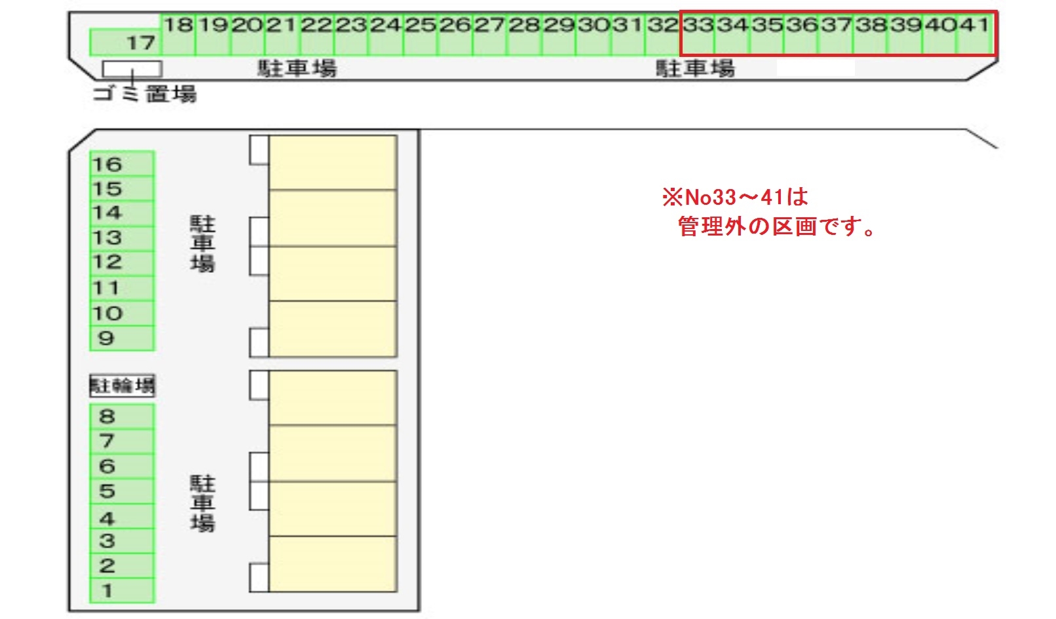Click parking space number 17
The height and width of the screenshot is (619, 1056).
click(x=124, y=43)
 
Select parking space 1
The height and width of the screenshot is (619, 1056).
click(x=122, y=591)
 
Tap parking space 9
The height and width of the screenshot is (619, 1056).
click(x=122, y=338)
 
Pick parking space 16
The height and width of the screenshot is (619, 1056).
click(x=122, y=164)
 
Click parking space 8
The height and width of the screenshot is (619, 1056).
click(x=122, y=416)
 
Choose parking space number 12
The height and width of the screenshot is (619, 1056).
click(x=122, y=262)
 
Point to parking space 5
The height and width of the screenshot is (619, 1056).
click(x=122, y=491)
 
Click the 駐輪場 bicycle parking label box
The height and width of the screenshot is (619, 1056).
click(x=123, y=385)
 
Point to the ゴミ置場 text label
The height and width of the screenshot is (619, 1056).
click(x=145, y=94)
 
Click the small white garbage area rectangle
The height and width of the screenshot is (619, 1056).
click(x=132, y=68)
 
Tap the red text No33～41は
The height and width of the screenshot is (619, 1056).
click(x=736, y=196)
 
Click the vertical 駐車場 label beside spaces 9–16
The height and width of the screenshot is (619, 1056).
click(x=202, y=243)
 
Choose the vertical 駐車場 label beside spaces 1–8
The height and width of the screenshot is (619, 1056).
click(x=202, y=503)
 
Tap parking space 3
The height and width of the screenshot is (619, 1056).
click(x=122, y=541)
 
